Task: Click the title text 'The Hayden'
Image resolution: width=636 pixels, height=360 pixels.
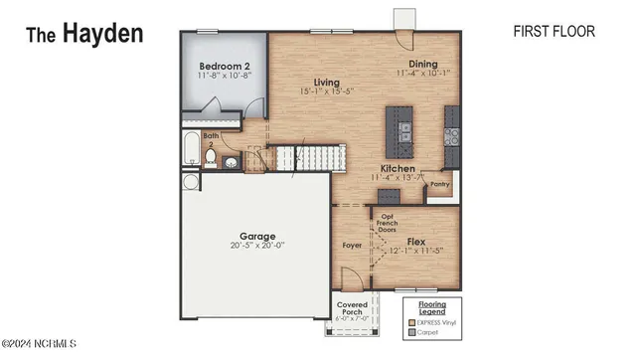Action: [x=83, y=33]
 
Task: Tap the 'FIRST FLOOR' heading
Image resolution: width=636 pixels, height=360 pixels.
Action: [x=554, y=32]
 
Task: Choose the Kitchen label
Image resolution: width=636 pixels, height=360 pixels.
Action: [x=397, y=169]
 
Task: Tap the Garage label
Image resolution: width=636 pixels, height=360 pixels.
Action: [x=257, y=237]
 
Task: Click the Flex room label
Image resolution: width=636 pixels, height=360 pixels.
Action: [x=417, y=242]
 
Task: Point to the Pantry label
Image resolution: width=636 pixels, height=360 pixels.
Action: [x=441, y=183]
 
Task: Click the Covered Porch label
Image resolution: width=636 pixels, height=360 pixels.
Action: [x=354, y=309]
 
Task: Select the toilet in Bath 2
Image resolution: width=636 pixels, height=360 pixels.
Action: [x=212, y=157]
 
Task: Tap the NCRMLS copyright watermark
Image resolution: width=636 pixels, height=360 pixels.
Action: [x=41, y=347]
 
